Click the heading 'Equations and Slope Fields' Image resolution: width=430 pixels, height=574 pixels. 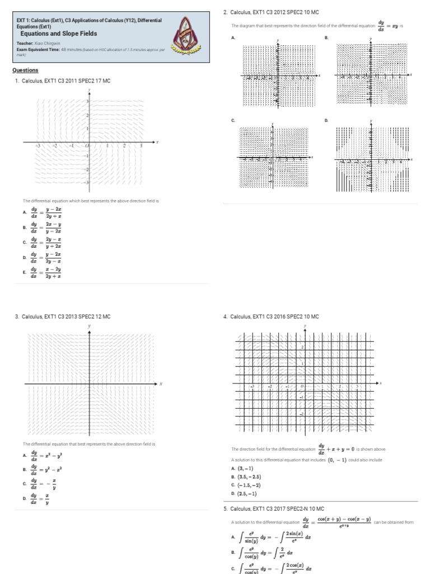pos(59,34)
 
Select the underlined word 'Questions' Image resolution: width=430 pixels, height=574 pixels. pos(25,70)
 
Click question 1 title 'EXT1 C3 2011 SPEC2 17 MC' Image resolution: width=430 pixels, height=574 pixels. pos(66,81)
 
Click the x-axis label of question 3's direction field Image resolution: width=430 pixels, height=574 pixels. pos(161,384)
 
